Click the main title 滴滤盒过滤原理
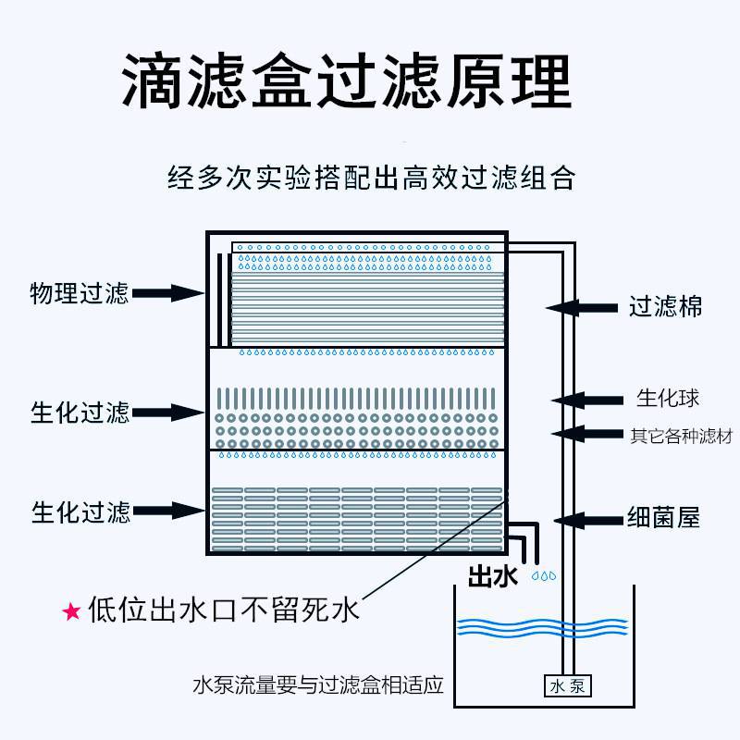click(x=347, y=81)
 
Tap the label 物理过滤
click(x=79, y=294)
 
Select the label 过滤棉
click(x=665, y=306)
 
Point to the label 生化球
click(x=667, y=399)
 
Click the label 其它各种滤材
click(x=680, y=434)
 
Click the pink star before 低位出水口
click(x=71, y=611)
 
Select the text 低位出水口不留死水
click(x=222, y=610)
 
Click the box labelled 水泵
click(x=566, y=686)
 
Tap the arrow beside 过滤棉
click(x=583, y=306)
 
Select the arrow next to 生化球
click(x=587, y=400)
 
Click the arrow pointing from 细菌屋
click(x=589, y=518)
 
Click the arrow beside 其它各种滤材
click(x=587, y=433)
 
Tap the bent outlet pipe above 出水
click(x=529, y=536)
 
